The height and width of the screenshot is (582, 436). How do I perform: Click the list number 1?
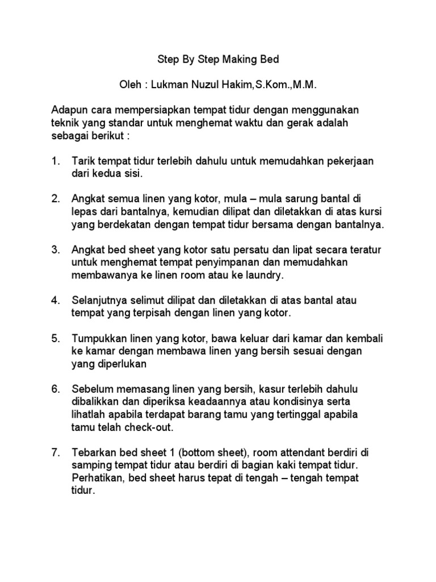tap(55, 161)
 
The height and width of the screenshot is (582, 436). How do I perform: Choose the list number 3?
tap(55, 250)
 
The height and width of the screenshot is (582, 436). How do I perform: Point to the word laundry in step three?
tap(262, 275)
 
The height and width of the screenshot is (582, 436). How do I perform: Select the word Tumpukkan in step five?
tap(98, 338)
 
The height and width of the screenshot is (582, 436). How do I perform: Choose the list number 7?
tap(55, 452)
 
